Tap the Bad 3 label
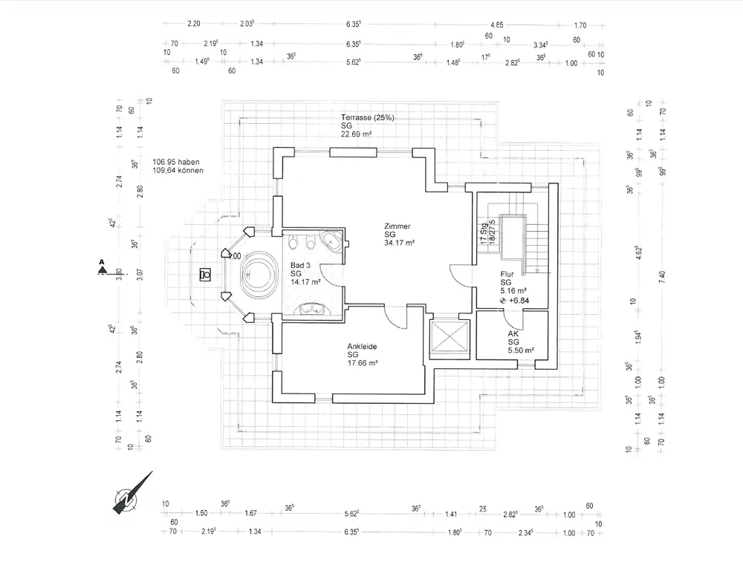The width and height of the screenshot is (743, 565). tap(301, 265)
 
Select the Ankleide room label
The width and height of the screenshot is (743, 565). tap(363, 346)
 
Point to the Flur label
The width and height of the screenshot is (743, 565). tap(507, 275)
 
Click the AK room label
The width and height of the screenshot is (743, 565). tap(513, 334)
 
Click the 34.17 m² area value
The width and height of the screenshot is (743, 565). tap(399, 243)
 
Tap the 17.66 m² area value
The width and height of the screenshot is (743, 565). tap(363, 363)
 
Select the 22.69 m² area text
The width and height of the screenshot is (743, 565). tap(357, 134)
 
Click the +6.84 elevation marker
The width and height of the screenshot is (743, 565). tap(518, 300)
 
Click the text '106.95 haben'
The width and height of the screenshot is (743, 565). tap(176, 162)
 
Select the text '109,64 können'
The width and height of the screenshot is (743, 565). tap(178, 170)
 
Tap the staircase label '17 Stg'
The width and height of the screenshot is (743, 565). tap(484, 234)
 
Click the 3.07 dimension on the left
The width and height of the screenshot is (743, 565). tap(139, 272)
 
